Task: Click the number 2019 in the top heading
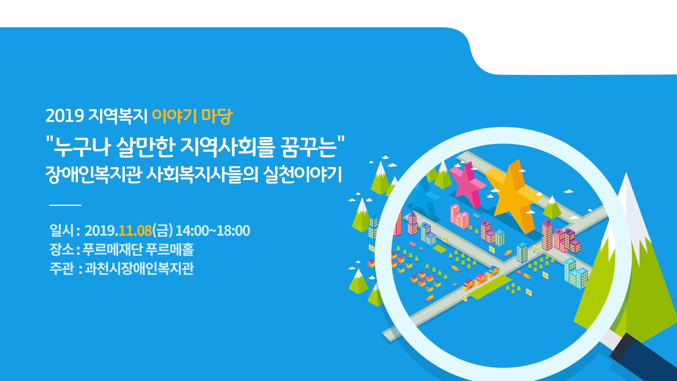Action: (65, 116)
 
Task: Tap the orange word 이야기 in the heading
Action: (174, 116)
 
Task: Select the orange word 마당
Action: (217, 116)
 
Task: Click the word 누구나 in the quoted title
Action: (82, 147)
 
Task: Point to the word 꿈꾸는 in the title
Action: (308, 147)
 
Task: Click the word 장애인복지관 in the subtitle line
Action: (94, 174)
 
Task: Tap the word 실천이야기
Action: (303, 174)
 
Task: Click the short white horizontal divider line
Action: (65, 205)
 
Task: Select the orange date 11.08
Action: (135, 231)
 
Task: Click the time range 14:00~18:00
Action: (213, 231)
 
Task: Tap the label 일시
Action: (62, 231)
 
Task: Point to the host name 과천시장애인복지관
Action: (139, 268)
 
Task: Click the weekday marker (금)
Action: (163, 231)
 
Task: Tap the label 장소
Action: (62, 249)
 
